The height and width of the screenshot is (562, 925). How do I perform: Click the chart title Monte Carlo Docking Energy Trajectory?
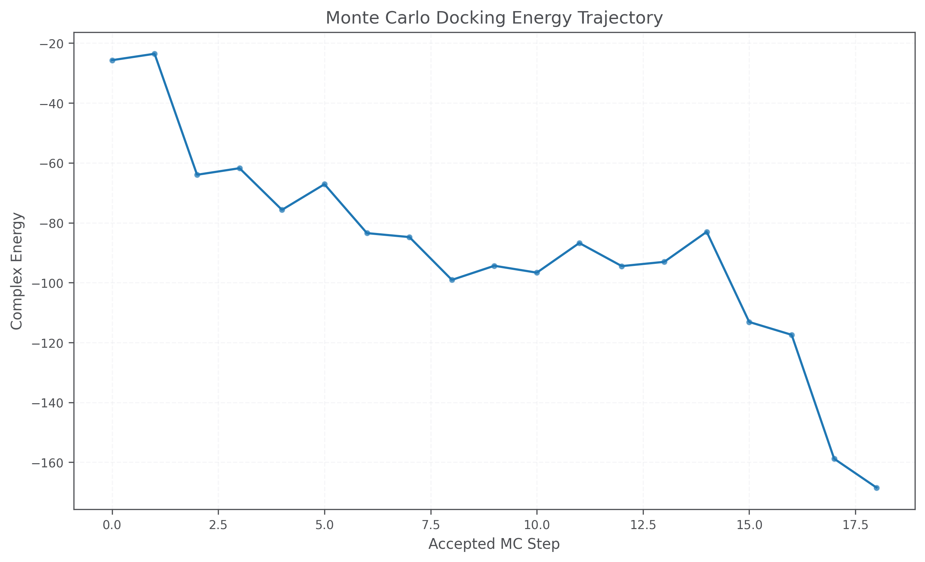(494, 18)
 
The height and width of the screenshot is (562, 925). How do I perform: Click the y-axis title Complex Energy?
(17, 271)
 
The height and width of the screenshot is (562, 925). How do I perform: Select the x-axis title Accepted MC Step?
(494, 544)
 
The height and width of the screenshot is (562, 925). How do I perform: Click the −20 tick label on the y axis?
(53, 44)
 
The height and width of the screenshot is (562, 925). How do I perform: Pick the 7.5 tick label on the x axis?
(430, 525)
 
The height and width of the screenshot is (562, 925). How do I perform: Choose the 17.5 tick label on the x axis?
(855, 525)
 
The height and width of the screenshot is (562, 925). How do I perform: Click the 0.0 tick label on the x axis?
(112, 525)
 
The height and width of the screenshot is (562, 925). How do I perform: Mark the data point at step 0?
(112, 60)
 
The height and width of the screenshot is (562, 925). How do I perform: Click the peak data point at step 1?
(154, 54)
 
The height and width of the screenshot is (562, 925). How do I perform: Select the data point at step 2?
(197, 175)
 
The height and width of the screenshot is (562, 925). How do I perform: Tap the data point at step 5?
(324, 184)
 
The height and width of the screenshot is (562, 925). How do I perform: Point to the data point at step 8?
(452, 280)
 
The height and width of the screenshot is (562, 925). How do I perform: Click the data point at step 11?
(579, 243)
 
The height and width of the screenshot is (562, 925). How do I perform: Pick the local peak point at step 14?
(706, 232)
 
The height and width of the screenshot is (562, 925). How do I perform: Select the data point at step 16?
(792, 335)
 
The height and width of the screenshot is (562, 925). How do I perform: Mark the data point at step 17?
(834, 459)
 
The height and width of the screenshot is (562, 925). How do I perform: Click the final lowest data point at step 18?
(877, 488)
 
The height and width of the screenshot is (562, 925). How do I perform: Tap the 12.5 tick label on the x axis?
(643, 525)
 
